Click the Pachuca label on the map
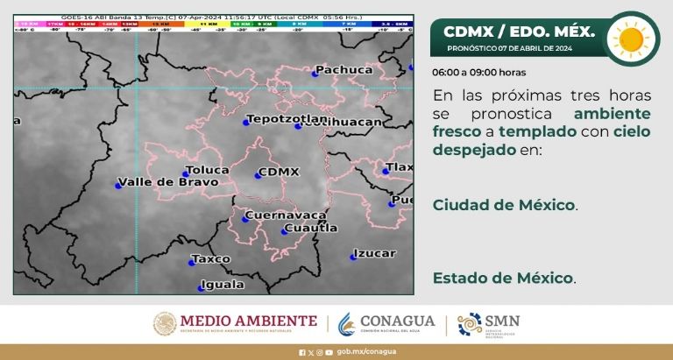point(344,69)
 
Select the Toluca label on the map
point(209,168)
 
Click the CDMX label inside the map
point(280,172)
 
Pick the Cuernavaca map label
point(286,215)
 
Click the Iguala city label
point(221,285)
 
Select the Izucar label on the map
point(374,254)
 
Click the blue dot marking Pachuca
point(315,74)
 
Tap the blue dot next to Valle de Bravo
point(118,185)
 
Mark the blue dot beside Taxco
point(192,262)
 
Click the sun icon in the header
point(632,39)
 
